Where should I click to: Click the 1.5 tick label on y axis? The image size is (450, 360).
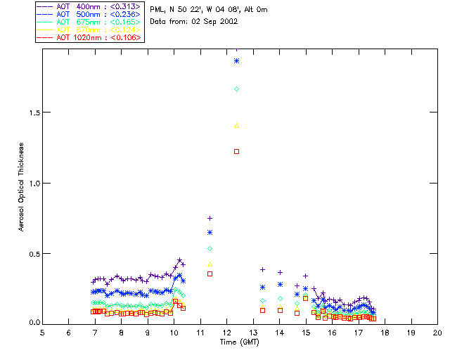click(x=32, y=112)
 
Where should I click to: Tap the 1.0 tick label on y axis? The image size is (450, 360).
click(x=32, y=183)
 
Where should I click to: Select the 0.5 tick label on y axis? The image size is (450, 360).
click(x=32, y=253)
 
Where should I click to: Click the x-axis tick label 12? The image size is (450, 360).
click(x=226, y=332)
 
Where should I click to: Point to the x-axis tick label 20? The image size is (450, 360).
click(x=437, y=332)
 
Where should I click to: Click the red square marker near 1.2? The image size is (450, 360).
click(x=237, y=151)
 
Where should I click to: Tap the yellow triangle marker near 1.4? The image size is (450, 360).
click(x=237, y=126)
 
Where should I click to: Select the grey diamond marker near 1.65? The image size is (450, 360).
click(x=237, y=89)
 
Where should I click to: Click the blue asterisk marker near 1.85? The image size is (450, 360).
click(x=237, y=61)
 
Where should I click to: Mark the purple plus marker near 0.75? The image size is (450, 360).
click(x=210, y=218)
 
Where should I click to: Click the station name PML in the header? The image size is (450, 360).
click(x=157, y=10)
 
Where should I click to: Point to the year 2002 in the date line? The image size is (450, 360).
click(x=228, y=21)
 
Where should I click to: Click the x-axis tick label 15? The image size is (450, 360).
click(x=306, y=332)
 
